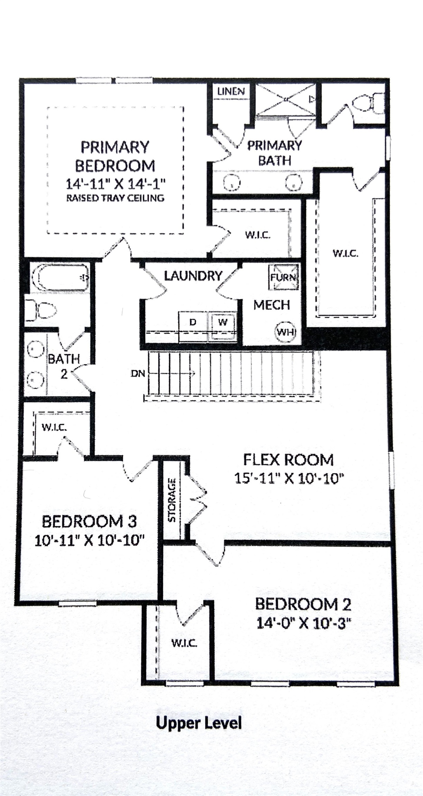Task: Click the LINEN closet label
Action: [x=231, y=92]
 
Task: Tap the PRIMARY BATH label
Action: [x=274, y=153]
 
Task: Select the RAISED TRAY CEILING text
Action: [x=115, y=198]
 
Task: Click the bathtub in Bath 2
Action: [x=60, y=277]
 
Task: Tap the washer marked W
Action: [x=223, y=322]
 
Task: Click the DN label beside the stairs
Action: [x=138, y=373]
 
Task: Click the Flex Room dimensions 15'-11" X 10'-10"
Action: [x=289, y=479]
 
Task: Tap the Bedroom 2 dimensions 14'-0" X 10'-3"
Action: [x=303, y=623]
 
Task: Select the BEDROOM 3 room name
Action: [x=90, y=521]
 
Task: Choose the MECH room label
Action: [x=272, y=305]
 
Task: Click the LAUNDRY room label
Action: [x=193, y=276]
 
